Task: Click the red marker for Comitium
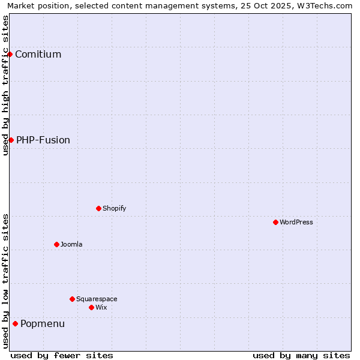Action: [x=10, y=54]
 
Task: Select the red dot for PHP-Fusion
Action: [x=11, y=140]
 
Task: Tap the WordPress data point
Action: [x=275, y=222]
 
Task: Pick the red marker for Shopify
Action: [x=98, y=208]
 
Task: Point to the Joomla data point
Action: [x=56, y=244]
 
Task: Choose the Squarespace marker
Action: [x=72, y=299]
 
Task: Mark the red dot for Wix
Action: [x=91, y=307]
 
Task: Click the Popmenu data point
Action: [x=15, y=323]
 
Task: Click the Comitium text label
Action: [x=38, y=54]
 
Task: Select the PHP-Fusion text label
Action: [x=43, y=140]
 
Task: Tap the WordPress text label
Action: [x=296, y=222]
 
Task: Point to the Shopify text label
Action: [x=114, y=208]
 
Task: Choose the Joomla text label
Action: [x=71, y=244]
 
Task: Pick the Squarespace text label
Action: [x=97, y=299]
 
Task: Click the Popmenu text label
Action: [x=43, y=323]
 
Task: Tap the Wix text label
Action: [x=101, y=307]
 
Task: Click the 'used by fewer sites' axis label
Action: [x=62, y=355]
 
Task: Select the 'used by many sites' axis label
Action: [x=301, y=355]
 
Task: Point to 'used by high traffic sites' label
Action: [x=5, y=85]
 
